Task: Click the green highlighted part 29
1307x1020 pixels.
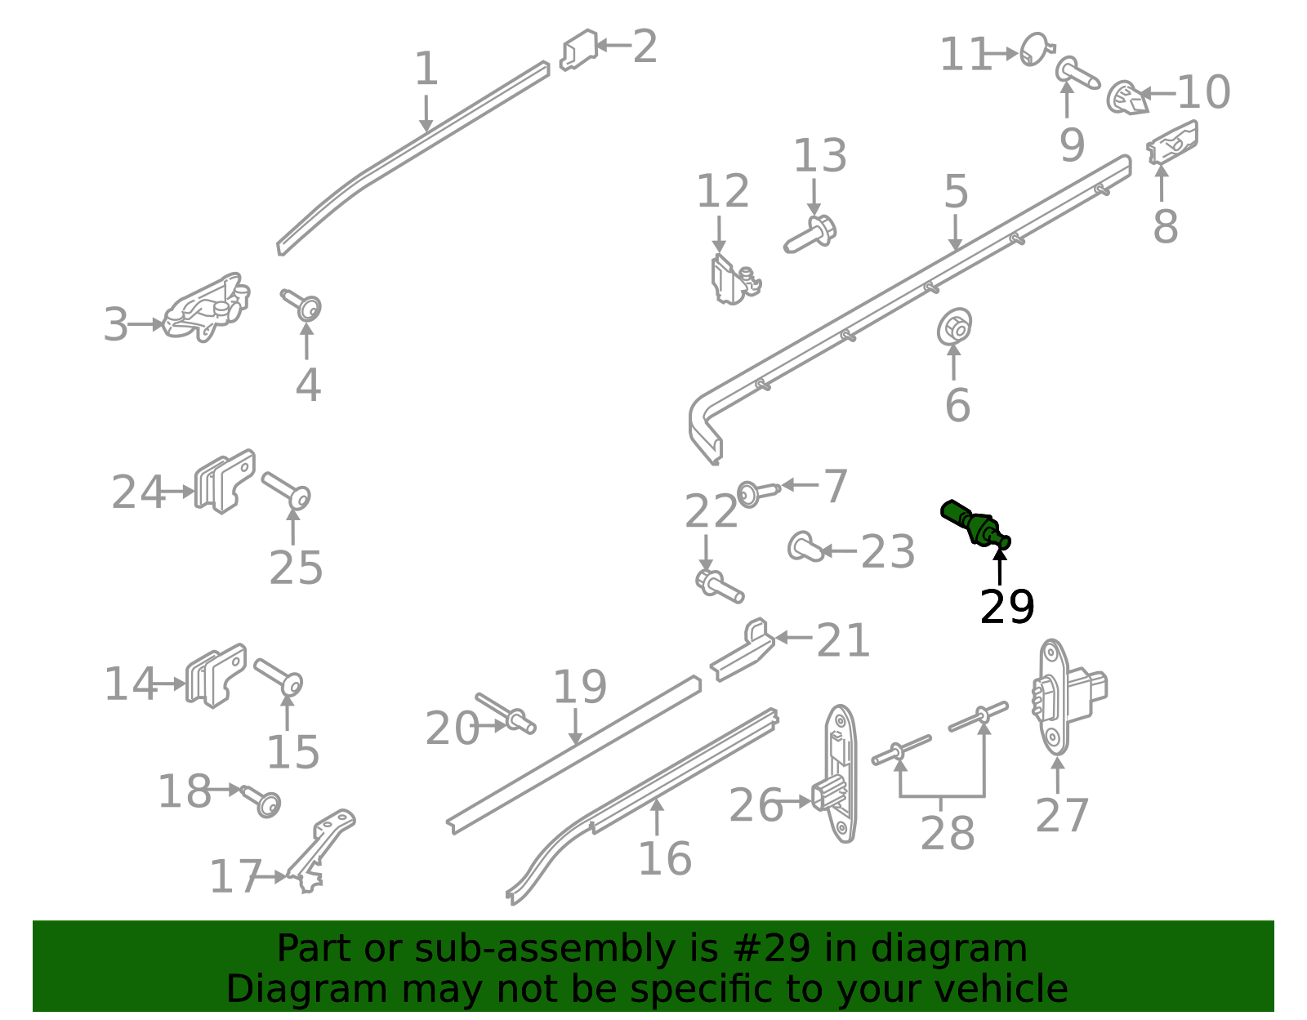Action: pyautogui.click(x=975, y=523)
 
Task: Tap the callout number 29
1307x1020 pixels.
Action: pyautogui.click(x=1007, y=607)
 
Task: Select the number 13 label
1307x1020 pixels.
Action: pyautogui.click(x=820, y=156)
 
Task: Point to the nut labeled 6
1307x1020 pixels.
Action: pyautogui.click(x=954, y=327)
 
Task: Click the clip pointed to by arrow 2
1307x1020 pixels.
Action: pyautogui.click(x=578, y=49)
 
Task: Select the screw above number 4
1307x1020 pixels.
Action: pyautogui.click(x=302, y=304)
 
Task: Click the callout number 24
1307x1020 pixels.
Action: pyautogui.click(x=138, y=492)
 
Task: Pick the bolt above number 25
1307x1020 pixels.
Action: pyautogui.click(x=286, y=491)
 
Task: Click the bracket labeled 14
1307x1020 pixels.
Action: pyautogui.click(x=216, y=675)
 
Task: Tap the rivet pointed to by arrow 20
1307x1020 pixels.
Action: pyautogui.click(x=506, y=714)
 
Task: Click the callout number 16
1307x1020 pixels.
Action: pyautogui.click(x=664, y=859)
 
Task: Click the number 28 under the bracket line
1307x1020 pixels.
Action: pyautogui.click(x=947, y=834)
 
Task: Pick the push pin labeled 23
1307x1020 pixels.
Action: pyautogui.click(x=806, y=546)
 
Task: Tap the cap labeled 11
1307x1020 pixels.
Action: pyautogui.click(x=1037, y=48)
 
